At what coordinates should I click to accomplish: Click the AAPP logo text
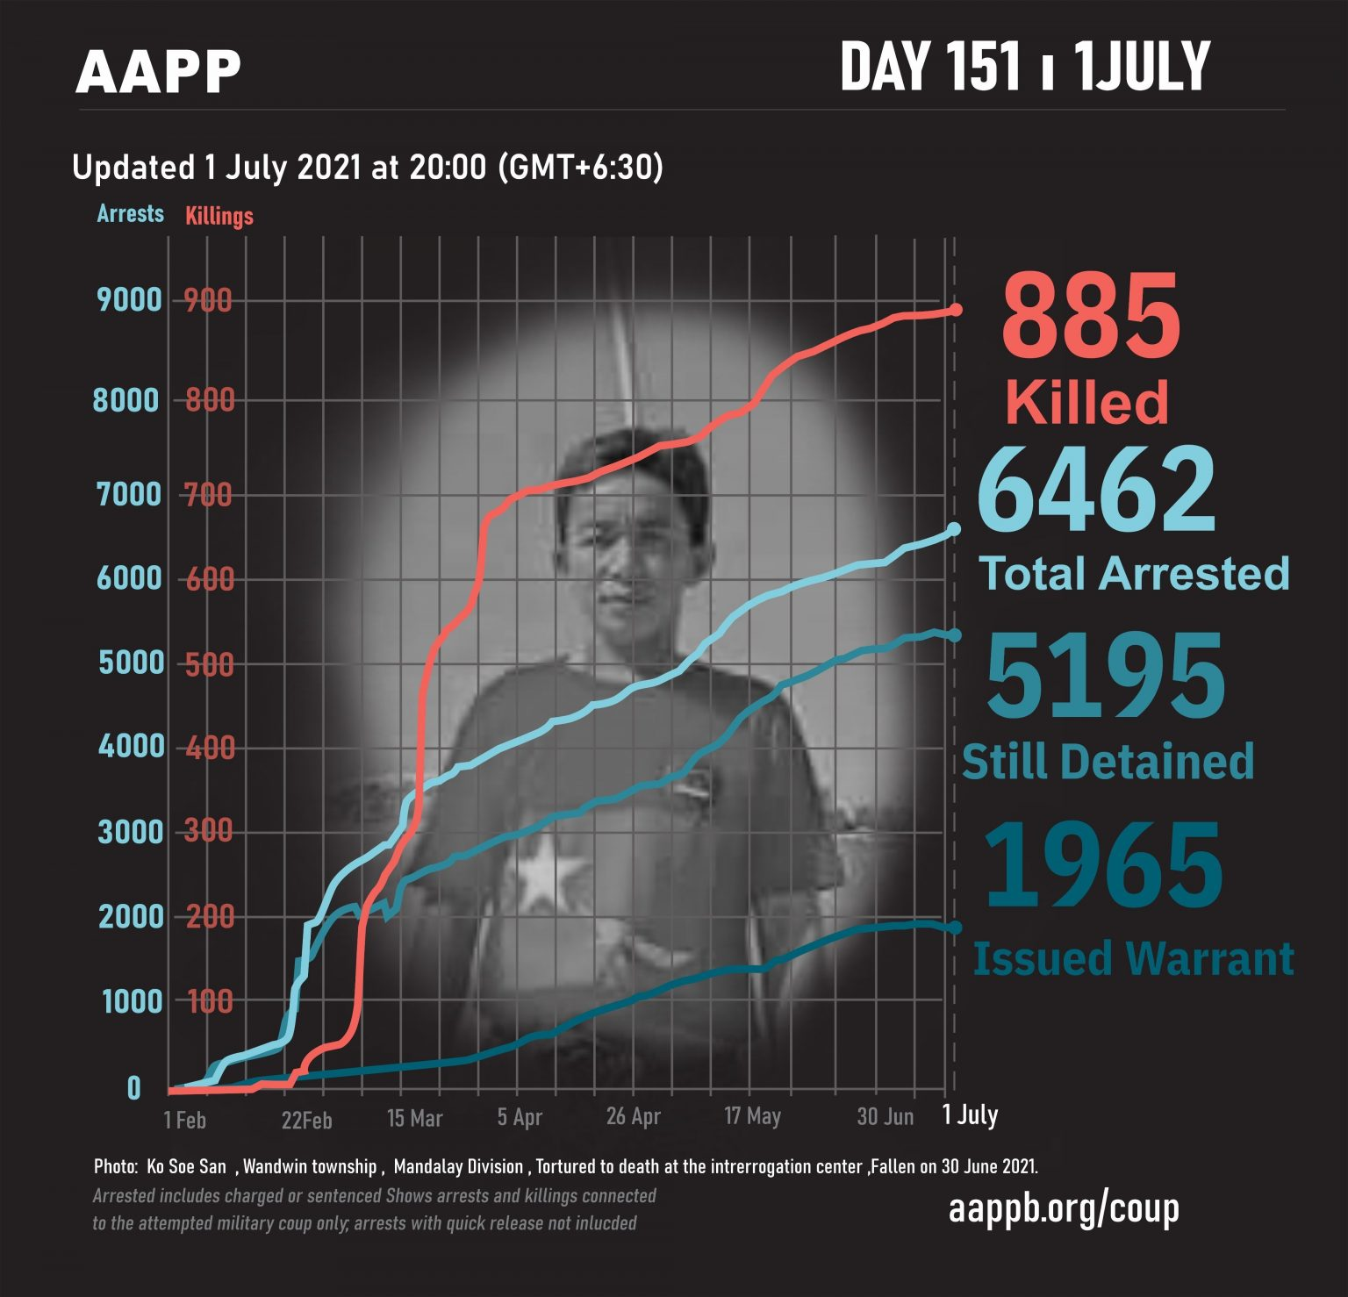pyautogui.click(x=158, y=72)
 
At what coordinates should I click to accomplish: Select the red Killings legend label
pyautogui.click(x=219, y=216)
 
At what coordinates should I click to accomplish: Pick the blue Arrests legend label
pyautogui.click(x=130, y=213)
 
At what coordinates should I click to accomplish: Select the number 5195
pyautogui.click(x=1106, y=676)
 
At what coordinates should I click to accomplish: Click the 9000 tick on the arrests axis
pyautogui.click(x=130, y=300)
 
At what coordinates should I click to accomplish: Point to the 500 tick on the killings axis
pyautogui.click(x=210, y=664)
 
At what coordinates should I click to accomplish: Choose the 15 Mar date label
pyautogui.click(x=414, y=1118)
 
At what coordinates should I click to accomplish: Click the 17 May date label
pyautogui.click(x=752, y=1116)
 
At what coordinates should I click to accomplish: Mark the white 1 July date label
pyautogui.click(x=970, y=1114)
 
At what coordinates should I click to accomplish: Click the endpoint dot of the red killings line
pyautogui.click(x=956, y=310)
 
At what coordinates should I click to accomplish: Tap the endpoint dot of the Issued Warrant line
pyautogui.click(x=955, y=928)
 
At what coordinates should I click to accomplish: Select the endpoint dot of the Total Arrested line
pyautogui.click(x=955, y=529)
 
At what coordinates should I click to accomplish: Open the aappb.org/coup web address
pyautogui.click(x=1064, y=1208)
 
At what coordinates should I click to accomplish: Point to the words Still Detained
pyautogui.click(x=1108, y=761)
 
